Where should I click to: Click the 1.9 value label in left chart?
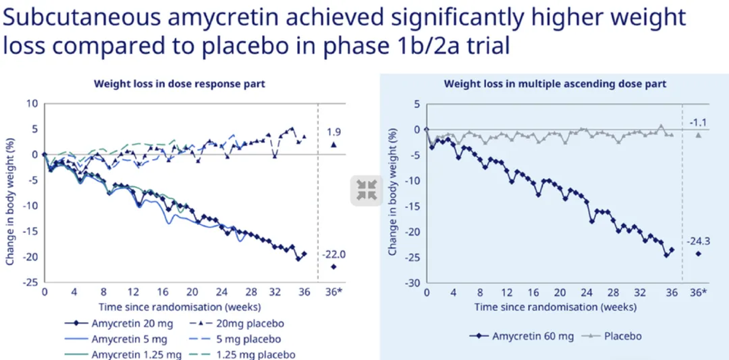(x=333, y=132)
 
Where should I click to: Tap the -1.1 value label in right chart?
(x=698, y=122)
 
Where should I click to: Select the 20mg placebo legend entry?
(x=237, y=323)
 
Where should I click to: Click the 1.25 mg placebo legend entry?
(x=241, y=354)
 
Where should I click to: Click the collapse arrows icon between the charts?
(x=366, y=190)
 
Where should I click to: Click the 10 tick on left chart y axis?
(x=31, y=103)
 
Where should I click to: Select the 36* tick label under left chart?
(x=334, y=293)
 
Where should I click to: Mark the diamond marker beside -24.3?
(x=698, y=253)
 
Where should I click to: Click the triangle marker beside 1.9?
(x=333, y=145)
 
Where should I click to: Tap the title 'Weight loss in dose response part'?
(x=179, y=84)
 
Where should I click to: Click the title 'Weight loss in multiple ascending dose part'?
(x=555, y=84)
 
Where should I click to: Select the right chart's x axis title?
(x=555, y=307)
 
